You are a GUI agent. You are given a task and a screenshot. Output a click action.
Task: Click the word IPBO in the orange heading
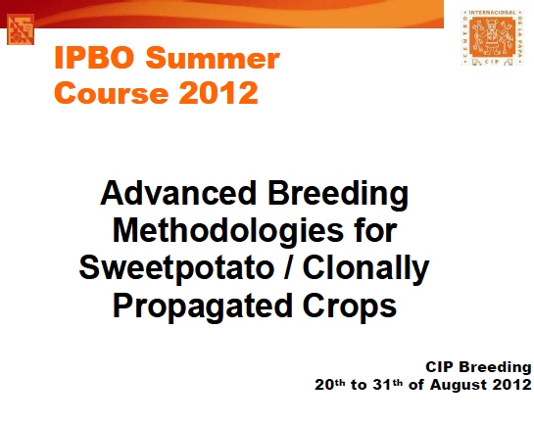(x=94, y=57)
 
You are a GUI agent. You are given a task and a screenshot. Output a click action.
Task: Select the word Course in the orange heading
(x=112, y=93)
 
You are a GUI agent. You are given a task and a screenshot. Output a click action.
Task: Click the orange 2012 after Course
(x=218, y=93)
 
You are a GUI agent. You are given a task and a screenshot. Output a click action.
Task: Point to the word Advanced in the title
(x=178, y=193)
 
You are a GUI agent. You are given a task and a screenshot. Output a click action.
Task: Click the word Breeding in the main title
(x=338, y=195)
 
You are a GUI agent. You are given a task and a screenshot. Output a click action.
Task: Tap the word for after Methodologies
(x=375, y=230)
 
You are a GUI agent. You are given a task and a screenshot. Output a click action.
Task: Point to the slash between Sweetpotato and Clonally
(x=288, y=267)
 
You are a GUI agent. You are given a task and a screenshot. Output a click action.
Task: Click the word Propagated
(x=202, y=307)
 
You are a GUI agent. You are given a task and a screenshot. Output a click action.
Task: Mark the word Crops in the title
(x=350, y=307)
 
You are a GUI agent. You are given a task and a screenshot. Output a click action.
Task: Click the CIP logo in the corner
(x=492, y=37)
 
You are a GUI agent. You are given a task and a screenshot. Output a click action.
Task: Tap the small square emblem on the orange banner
(x=21, y=29)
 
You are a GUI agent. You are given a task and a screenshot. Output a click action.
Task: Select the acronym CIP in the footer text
(x=439, y=367)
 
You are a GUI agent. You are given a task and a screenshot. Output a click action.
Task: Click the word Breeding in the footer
(x=495, y=368)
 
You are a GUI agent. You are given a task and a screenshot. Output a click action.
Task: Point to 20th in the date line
(x=329, y=385)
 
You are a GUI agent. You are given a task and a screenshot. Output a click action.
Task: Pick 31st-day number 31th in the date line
(x=388, y=385)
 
